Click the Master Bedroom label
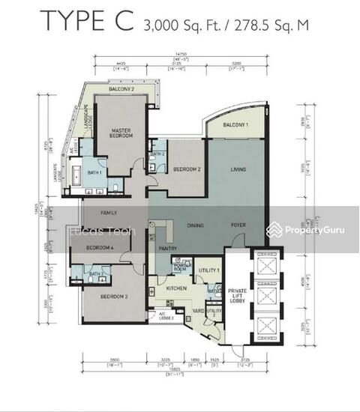point(118,133)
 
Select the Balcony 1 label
point(235,125)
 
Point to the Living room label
point(238,170)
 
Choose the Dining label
point(196,225)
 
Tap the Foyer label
point(238,225)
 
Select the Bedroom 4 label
point(100,248)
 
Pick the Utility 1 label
point(211,270)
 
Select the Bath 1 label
point(94,173)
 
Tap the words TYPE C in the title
point(86,21)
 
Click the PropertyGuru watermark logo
point(307,230)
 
